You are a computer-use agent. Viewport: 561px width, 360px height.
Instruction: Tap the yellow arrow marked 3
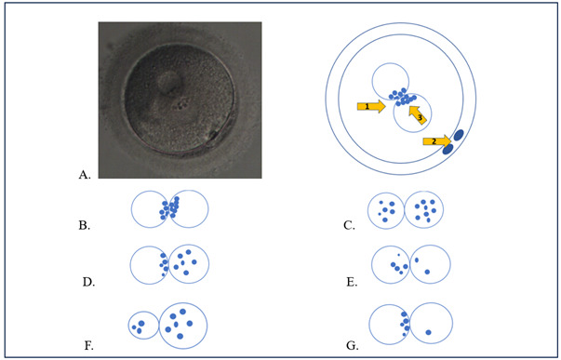(418, 116)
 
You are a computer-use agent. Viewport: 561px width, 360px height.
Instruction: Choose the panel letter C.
(349, 223)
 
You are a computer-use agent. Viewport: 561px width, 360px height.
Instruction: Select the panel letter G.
(351, 345)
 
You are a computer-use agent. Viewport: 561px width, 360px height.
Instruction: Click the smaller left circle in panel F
(143, 325)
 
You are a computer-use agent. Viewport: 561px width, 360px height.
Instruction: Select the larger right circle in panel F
(183, 326)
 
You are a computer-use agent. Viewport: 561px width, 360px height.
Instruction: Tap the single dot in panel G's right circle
(428, 332)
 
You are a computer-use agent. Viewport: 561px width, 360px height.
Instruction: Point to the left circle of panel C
(388, 211)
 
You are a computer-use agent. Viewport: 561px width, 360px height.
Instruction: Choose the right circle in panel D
(189, 264)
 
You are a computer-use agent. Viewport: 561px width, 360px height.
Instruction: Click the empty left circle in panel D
(148, 265)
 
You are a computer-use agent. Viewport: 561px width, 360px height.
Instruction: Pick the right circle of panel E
(431, 266)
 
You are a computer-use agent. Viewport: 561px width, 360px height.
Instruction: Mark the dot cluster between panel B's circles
(169, 208)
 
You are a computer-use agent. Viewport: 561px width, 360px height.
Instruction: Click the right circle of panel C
(426, 211)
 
